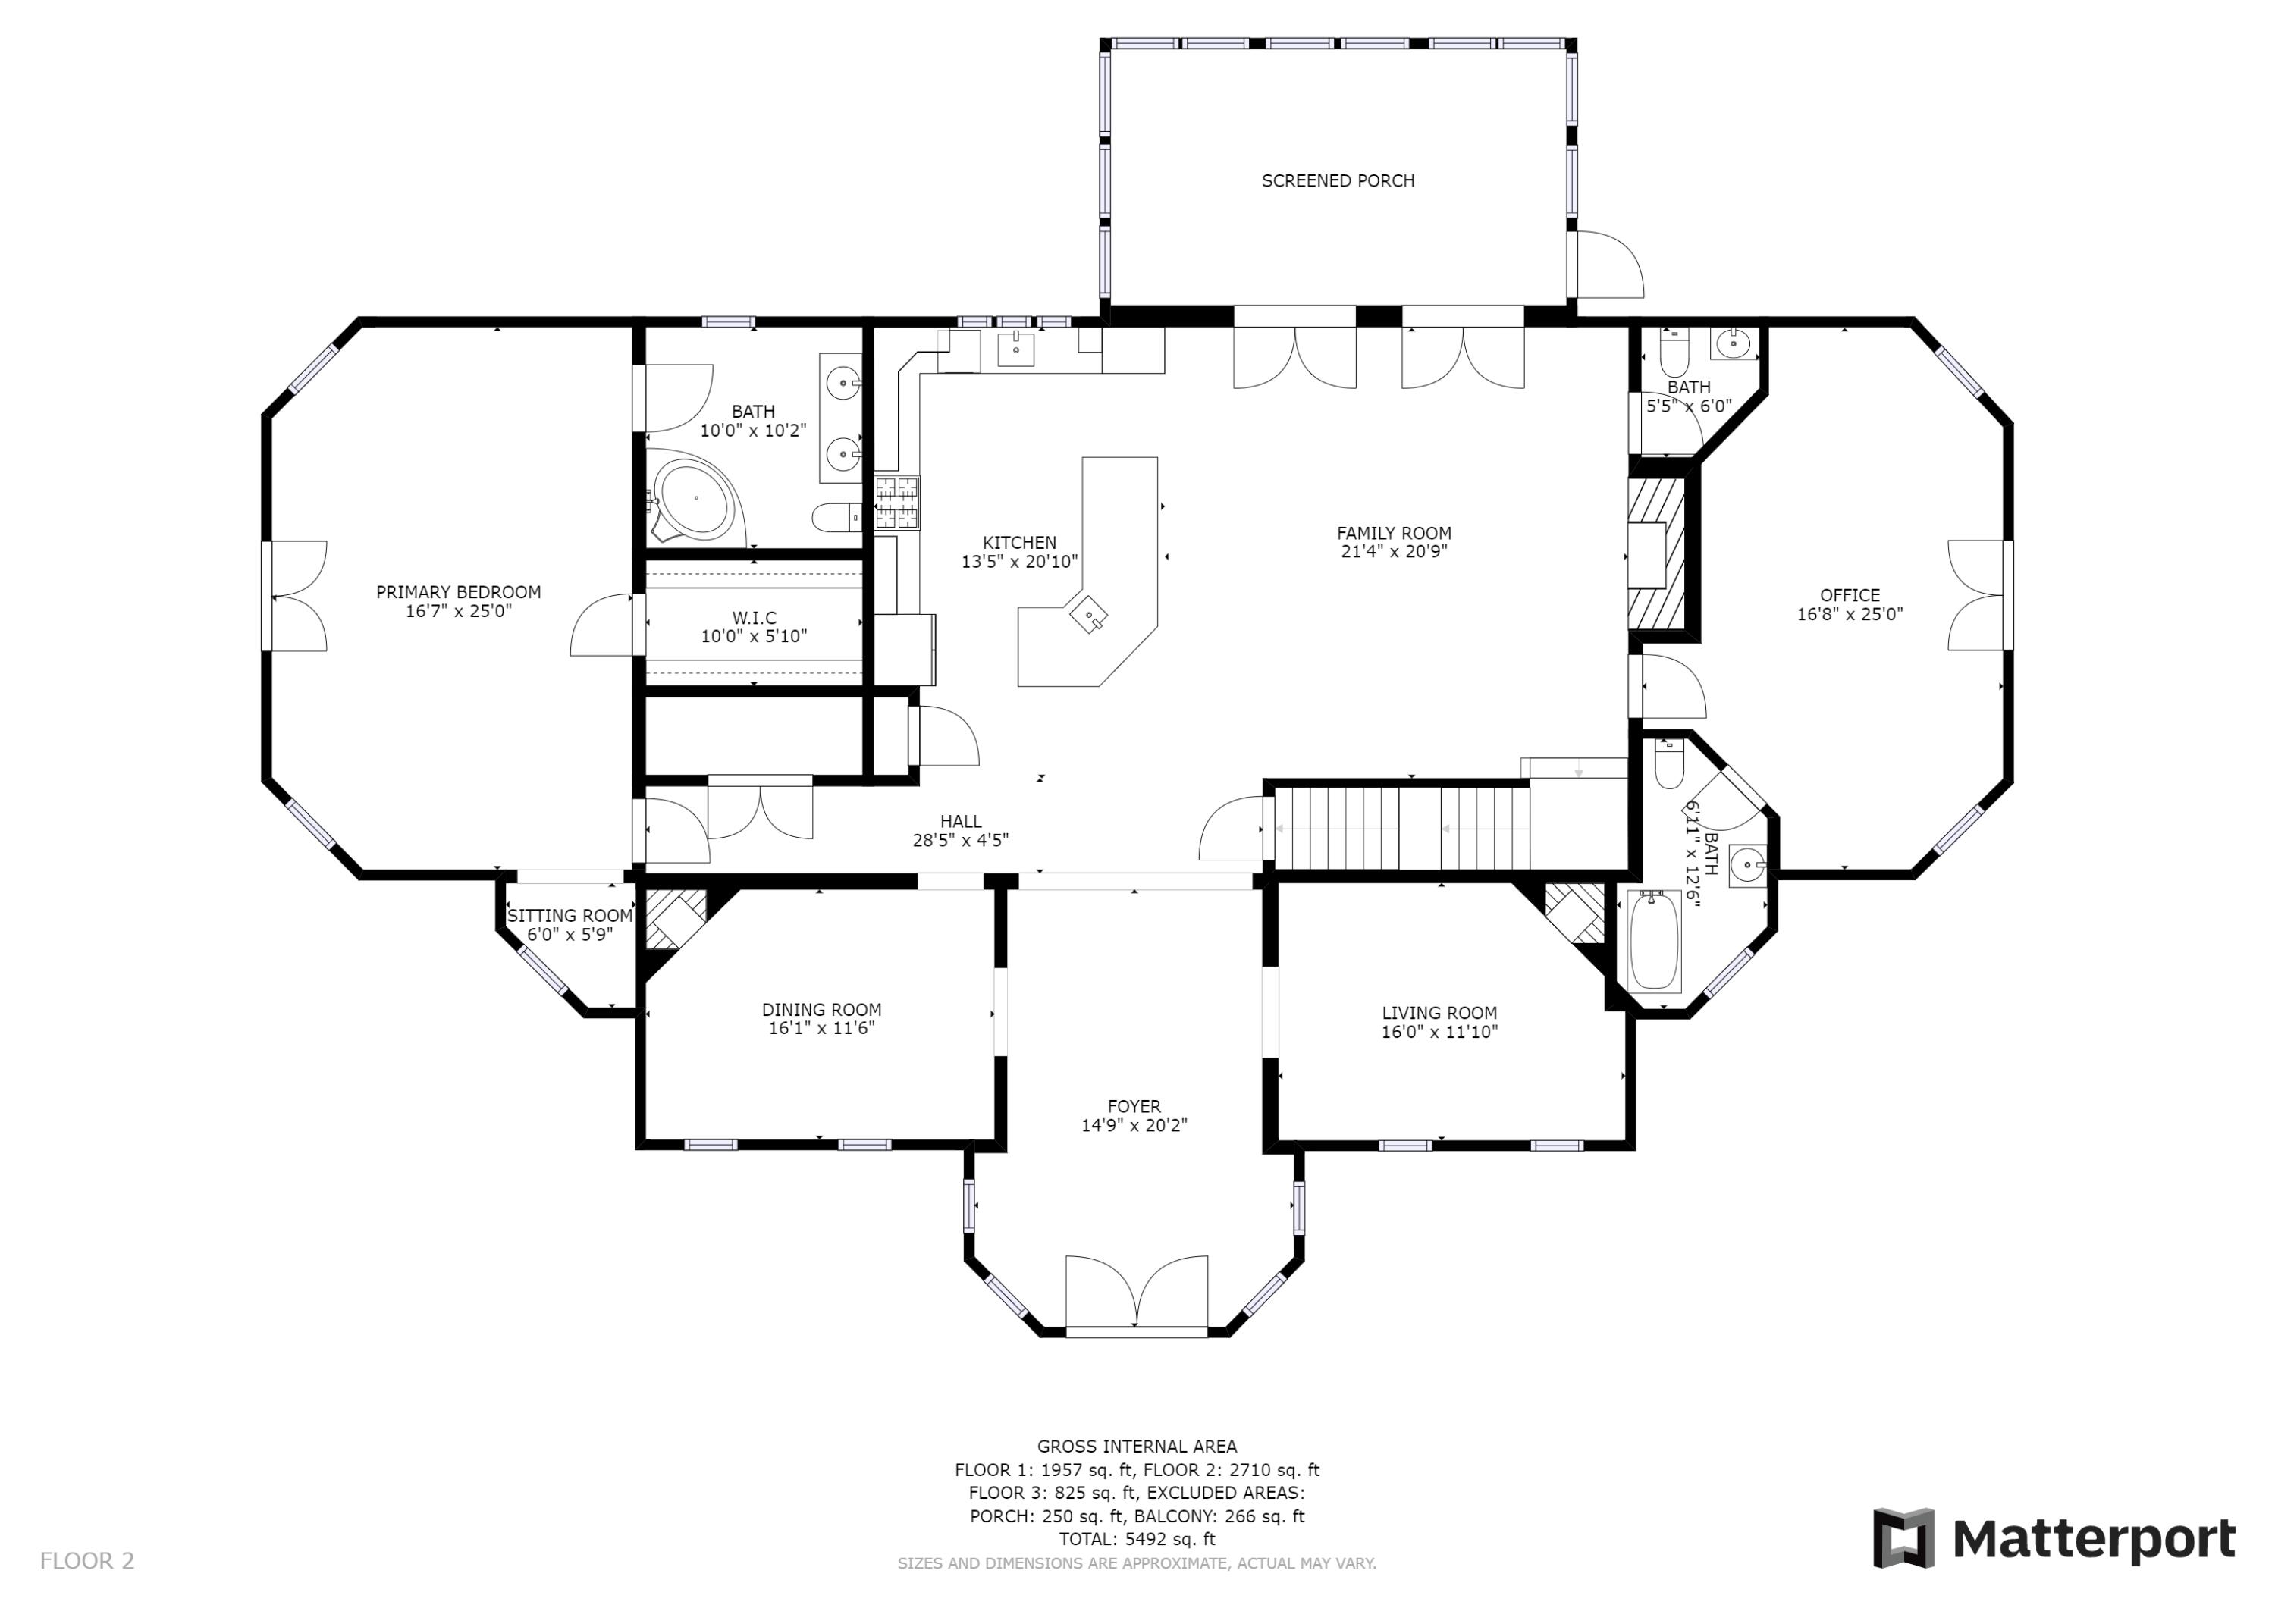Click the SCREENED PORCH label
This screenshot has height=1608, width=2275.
tap(1338, 181)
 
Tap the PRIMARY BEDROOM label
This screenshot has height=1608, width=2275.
tap(458, 592)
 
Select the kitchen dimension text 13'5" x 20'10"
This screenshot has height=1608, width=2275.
tap(1020, 562)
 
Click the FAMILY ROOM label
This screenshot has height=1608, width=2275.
tap(1394, 533)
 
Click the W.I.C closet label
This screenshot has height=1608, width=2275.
tap(754, 618)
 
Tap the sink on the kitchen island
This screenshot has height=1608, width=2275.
tap(1089, 616)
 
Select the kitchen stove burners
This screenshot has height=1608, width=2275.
tap(896, 503)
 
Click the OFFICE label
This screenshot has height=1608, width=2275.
tap(1850, 595)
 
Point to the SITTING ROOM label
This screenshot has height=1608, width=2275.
tap(570, 917)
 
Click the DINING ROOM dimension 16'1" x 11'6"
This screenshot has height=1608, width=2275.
tap(821, 1028)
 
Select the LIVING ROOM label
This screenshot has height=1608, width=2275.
tap(1440, 1013)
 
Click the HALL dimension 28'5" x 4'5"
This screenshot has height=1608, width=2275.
tap(960, 840)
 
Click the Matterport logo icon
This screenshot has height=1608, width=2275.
tap(1903, 1537)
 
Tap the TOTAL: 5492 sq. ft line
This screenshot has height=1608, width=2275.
tap(1137, 1539)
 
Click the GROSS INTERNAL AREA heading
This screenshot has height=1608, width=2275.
tap(1137, 1447)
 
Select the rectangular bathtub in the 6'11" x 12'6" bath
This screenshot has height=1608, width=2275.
tap(1654, 941)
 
